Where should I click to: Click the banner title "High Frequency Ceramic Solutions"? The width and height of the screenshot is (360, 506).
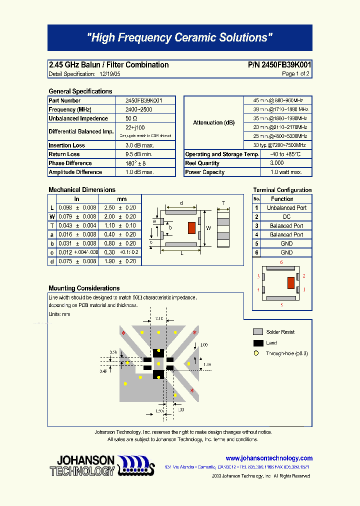[179, 37]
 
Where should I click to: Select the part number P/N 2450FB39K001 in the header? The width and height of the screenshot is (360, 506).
[279, 65]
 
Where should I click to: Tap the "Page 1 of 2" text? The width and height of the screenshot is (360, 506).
[295, 74]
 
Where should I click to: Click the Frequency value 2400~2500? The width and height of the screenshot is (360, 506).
[139, 109]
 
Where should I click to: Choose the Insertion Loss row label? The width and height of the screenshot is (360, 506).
[67, 145]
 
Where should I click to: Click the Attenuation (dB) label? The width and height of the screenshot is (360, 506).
[213, 122]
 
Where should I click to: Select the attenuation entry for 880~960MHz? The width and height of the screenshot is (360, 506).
[278, 100]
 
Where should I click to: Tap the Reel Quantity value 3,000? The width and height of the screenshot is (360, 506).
[276, 163]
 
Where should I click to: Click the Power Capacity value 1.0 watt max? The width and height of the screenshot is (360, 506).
[285, 172]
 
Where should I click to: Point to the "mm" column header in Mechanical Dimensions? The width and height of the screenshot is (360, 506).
[122, 199]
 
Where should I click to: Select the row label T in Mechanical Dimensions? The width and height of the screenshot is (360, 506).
[52, 225]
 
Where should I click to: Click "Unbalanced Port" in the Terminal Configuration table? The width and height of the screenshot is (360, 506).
[286, 208]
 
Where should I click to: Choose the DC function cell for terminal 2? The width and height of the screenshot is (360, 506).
[286, 217]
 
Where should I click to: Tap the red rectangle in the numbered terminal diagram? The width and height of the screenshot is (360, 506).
[290, 283]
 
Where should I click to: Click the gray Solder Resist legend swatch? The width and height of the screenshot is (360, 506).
[258, 332]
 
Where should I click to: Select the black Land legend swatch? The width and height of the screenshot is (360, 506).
[258, 343]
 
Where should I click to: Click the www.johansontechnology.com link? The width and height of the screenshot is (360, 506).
[269, 458]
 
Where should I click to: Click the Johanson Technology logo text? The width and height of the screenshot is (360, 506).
[82, 465]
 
